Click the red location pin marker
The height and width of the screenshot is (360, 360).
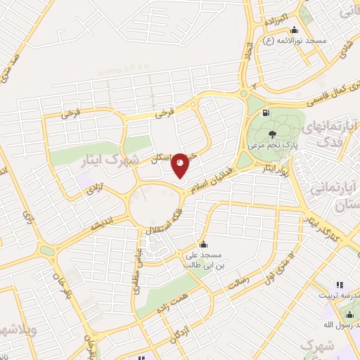(x=180, y=165)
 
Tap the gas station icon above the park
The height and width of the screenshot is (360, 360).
(x=265, y=112)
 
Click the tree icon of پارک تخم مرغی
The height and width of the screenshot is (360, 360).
(x=271, y=133)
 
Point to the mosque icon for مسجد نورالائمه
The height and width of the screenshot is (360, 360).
(x=293, y=30)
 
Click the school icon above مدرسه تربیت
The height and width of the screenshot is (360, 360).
(x=339, y=285)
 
